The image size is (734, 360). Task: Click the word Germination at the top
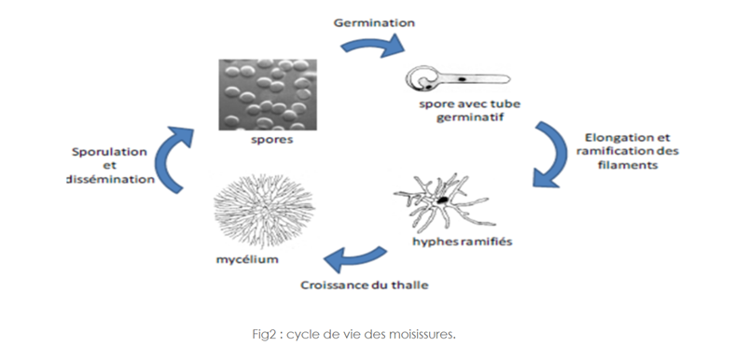pyautogui.click(x=374, y=22)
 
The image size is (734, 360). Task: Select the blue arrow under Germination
pyautogui.click(x=373, y=46)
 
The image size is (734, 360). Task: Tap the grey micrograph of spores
pyautogui.click(x=268, y=94)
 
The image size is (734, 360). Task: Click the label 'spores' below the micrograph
pyautogui.click(x=271, y=140)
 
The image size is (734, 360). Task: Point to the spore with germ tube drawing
pyautogui.click(x=457, y=78)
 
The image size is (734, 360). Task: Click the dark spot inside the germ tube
pyautogui.click(x=462, y=79)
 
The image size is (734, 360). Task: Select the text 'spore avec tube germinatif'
pyautogui.click(x=469, y=110)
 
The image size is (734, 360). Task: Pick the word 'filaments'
pyautogui.click(x=628, y=165)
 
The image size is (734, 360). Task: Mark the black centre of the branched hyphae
pyautogui.click(x=442, y=201)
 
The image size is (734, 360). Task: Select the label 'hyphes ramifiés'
pyautogui.click(x=462, y=242)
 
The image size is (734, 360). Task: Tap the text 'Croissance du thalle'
pyautogui.click(x=364, y=284)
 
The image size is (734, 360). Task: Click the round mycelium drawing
pyautogui.click(x=264, y=212)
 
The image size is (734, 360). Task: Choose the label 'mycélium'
pyautogui.click(x=247, y=259)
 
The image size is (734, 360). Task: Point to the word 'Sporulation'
pyautogui.click(x=109, y=152)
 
